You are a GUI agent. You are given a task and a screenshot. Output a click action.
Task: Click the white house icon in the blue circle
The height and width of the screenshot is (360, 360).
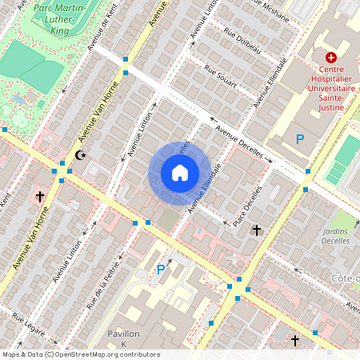(x=180, y=173)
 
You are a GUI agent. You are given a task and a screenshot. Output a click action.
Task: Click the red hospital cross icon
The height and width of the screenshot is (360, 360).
(x=330, y=58)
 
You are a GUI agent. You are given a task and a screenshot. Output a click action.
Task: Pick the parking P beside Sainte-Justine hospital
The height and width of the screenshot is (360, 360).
(x=301, y=139)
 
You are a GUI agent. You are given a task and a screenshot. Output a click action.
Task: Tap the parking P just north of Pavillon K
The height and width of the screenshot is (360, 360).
(x=161, y=270)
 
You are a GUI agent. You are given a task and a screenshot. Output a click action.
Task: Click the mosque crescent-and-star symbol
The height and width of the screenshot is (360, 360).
(x=79, y=154)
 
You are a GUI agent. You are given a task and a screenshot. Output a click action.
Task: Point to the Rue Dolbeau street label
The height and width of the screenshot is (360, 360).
(x=242, y=42)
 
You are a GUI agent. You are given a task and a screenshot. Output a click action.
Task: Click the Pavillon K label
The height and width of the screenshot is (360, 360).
(x=124, y=338)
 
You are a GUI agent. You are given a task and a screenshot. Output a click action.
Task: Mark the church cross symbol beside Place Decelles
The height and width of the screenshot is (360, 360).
(x=256, y=230)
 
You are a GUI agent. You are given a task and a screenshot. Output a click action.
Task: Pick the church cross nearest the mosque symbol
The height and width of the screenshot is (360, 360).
(x=39, y=195)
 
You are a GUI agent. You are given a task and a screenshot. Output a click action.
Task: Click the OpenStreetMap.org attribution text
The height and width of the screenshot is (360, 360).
(x=108, y=354)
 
